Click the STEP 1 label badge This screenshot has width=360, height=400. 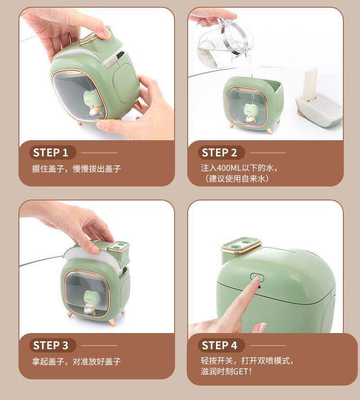(52, 152)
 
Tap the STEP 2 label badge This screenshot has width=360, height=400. (221, 152)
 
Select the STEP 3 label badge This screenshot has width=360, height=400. (52, 346)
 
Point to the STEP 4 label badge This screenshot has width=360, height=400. (221, 346)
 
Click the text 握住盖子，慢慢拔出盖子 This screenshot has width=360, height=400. (76, 169)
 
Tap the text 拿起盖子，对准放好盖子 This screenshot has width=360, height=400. (76, 361)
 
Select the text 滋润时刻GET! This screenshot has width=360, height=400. (226, 371)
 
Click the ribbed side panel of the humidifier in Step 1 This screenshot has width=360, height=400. (126, 82)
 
